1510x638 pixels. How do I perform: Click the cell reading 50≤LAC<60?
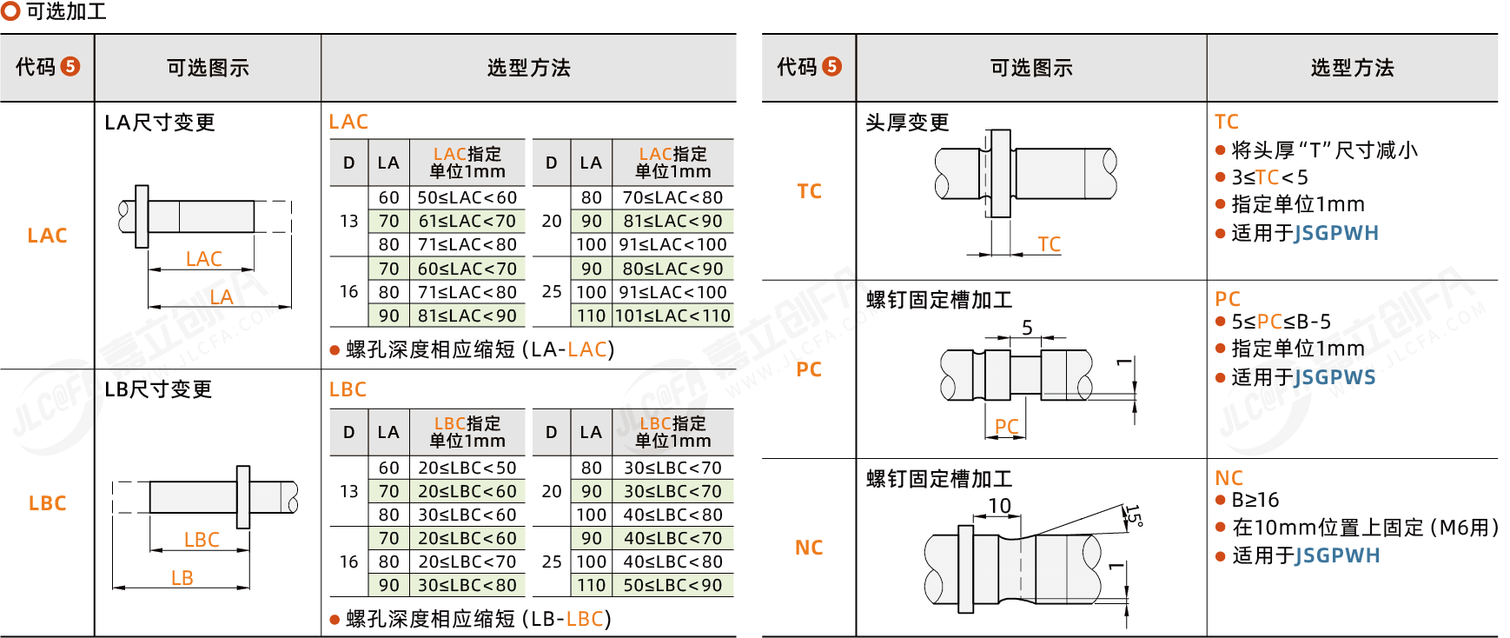[x=467, y=198]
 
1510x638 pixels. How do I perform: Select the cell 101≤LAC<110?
[x=673, y=316]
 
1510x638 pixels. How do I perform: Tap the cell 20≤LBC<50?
[x=467, y=468]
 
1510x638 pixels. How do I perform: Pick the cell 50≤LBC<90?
[x=673, y=585]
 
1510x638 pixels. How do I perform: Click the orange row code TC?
[x=809, y=191]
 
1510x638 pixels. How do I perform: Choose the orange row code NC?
[x=809, y=548]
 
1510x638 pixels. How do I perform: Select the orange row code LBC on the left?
[x=47, y=503]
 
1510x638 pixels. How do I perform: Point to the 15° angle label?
[x=1133, y=515]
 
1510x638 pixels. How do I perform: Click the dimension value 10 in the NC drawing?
[x=999, y=506]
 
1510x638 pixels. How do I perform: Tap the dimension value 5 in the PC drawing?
[x=1027, y=328]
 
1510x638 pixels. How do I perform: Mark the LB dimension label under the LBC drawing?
[x=182, y=578]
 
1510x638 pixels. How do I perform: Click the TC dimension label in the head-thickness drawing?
[x=1049, y=244]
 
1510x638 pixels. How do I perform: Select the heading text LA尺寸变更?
[x=160, y=123]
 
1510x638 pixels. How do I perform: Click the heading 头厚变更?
[x=907, y=123]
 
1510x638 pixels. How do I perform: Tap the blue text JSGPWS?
[x=1335, y=377]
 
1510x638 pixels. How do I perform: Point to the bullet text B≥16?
[x=1255, y=500]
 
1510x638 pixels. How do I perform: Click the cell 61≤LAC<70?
[x=467, y=222]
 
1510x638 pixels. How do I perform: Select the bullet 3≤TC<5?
[x=1269, y=177]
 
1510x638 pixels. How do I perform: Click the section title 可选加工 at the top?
[x=66, y=11]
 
